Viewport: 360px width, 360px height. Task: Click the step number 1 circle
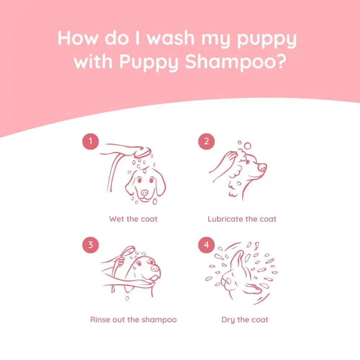(90, 141)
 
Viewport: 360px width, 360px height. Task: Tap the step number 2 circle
(206, 141)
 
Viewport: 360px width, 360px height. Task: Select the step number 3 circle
(90, 245)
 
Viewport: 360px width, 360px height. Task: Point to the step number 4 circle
(206, 245)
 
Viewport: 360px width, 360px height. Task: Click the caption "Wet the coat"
(133, 219)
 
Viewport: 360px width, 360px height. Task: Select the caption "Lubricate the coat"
(242, 219)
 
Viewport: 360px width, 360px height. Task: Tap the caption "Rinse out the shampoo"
(133, 320)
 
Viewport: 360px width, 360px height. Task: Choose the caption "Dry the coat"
(245, 320)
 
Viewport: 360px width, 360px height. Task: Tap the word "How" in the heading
(77, 38)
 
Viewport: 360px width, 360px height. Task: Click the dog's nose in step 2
(262, 167)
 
